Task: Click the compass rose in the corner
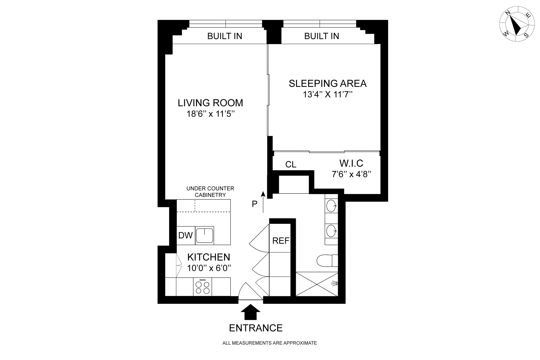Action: pos(517,28)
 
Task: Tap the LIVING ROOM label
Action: pos(210,103)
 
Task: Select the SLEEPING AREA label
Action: pos(328,84)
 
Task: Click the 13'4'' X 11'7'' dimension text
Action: pos(328,94)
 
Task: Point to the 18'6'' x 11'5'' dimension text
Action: pos(211,114)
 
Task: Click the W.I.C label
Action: pos(351,163)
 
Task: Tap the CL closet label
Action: pos(291,165)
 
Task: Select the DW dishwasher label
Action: pos(185,235)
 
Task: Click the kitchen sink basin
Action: pos(204,235)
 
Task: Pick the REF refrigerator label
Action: pos(281,241)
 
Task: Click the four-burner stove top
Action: pos(202,287)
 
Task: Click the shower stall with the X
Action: pos(317,284)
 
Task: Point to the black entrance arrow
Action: pos(251,312)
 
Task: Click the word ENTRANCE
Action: pos(256,328)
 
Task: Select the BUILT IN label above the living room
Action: pos(225,36)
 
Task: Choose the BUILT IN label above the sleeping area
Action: pos(322,36)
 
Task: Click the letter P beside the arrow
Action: pos(255,204)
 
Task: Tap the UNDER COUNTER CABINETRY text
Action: pos(210,192)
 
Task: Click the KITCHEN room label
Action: pos(209,257)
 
